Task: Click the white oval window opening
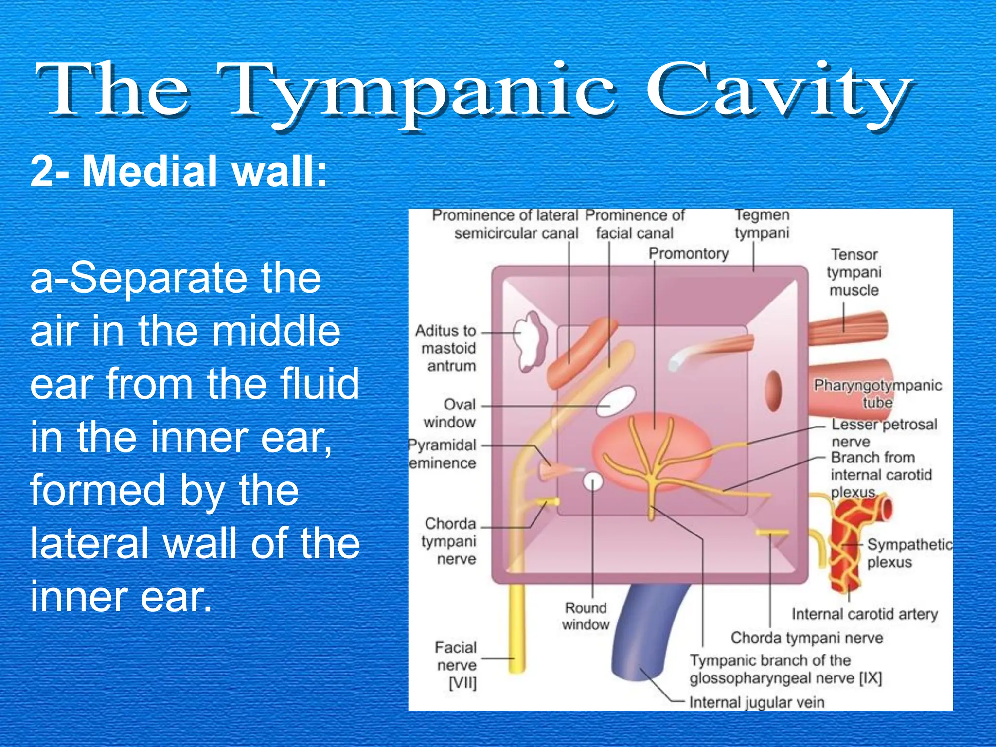[x=616, y=401]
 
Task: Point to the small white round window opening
[x=593, y=482]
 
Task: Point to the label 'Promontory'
[x=689, y=253]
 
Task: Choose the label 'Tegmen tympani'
[x=762, y=224]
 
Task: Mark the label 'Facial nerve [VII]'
[x=456, y=665]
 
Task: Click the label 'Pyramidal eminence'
[x=443, y=454]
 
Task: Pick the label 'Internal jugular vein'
[x=757, y=702]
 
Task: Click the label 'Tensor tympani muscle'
[x=854, y=272]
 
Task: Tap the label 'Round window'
[x=586, y=616]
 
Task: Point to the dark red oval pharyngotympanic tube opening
[x=773, y=391]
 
